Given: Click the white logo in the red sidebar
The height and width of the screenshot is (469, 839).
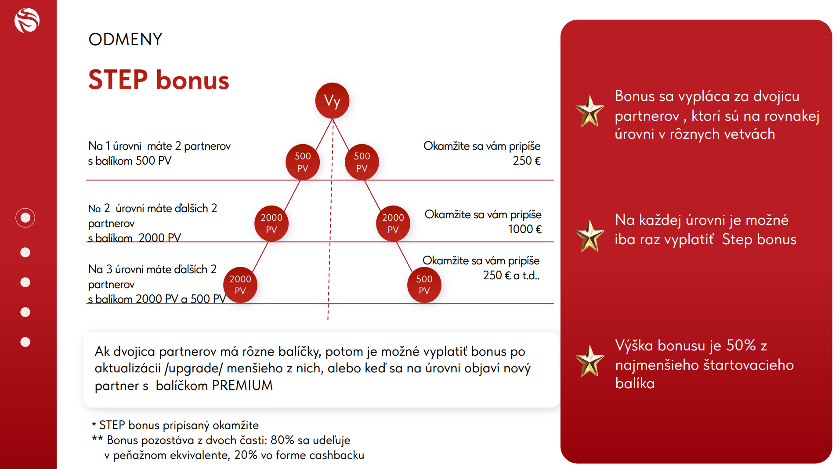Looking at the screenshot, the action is (x=27, y=20).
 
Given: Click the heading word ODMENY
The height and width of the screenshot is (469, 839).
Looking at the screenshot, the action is (x=125, y=40).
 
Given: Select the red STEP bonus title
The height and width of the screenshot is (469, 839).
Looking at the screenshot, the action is (x=159, y=80).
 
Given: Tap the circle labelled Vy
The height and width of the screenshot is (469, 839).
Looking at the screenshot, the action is (x=332, y=101).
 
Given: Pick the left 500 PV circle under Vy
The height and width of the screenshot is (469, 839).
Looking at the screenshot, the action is (x=303, y=162).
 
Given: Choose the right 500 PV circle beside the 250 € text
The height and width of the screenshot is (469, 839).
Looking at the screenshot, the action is (x=362, y=162).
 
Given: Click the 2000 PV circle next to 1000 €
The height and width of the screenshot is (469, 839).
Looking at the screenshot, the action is (x=393, y=223).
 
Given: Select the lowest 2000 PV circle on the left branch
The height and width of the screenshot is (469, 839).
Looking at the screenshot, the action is (x=240, y=285).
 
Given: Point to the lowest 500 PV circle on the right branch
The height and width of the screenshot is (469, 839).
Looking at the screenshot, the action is (x=424, y=285).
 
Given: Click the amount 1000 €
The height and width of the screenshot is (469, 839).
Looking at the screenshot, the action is (x=525, y=229).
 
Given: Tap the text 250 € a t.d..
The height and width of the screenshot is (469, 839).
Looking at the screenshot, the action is (x=511, y=275).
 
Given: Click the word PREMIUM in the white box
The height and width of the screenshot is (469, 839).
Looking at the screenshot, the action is (x=242, y=385).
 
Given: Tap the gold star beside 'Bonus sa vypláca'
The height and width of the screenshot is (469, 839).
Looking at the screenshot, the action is (x=589, y=112).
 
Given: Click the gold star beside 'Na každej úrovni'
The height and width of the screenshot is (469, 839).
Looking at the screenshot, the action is (x=589, y=236).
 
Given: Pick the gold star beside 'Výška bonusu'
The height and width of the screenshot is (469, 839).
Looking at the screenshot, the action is (x=589, y=361).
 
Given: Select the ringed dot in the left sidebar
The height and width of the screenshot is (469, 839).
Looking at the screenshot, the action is (x=25, y=218).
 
